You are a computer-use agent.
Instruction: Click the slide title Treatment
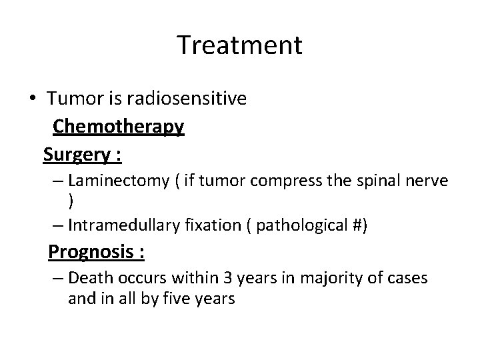click(x=240, y=45)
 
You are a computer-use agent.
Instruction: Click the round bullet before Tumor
click(x=33, y=99)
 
